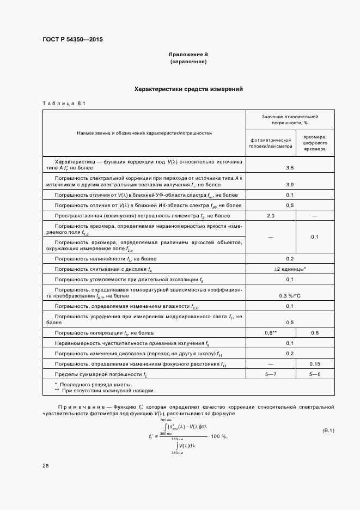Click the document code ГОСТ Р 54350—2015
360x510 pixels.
pos(72,40)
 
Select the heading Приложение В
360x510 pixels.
pos(188,55)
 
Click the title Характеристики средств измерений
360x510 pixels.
pos(188,89)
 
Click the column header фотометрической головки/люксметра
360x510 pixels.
pos(270,143)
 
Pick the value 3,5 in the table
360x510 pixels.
pos(290,168)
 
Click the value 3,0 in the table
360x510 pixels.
pos(290,184)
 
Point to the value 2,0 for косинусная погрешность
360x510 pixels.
pos(270,216)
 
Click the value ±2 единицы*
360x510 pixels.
pos(290,269)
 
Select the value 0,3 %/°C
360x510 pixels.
pos(290,296)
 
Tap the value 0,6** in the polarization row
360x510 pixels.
pos(271,332)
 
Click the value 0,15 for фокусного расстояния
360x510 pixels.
pos(315,363)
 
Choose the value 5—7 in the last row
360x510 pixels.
pos(271,374)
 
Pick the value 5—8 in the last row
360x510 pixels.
pos(315,374)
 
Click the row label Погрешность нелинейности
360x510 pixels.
pos(93,258)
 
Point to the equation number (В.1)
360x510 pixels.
pos(328,431)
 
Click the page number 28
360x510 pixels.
pos(46,466)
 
